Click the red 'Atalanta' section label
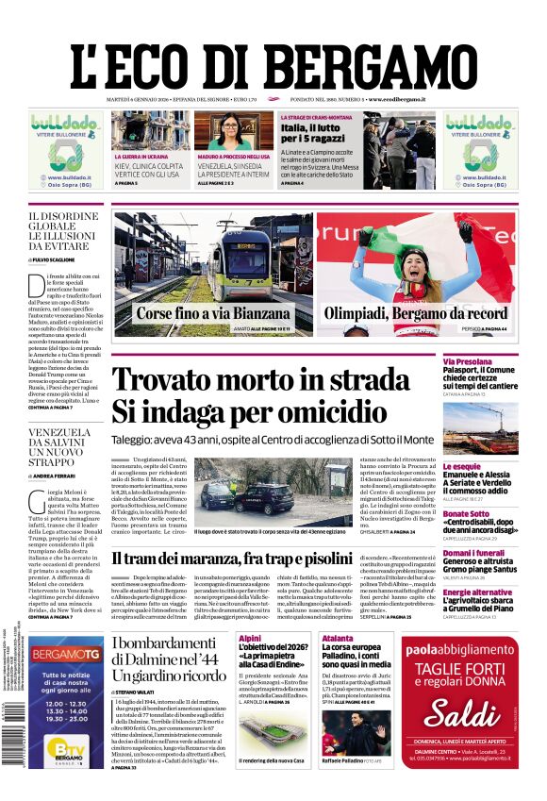click(337, 639)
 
